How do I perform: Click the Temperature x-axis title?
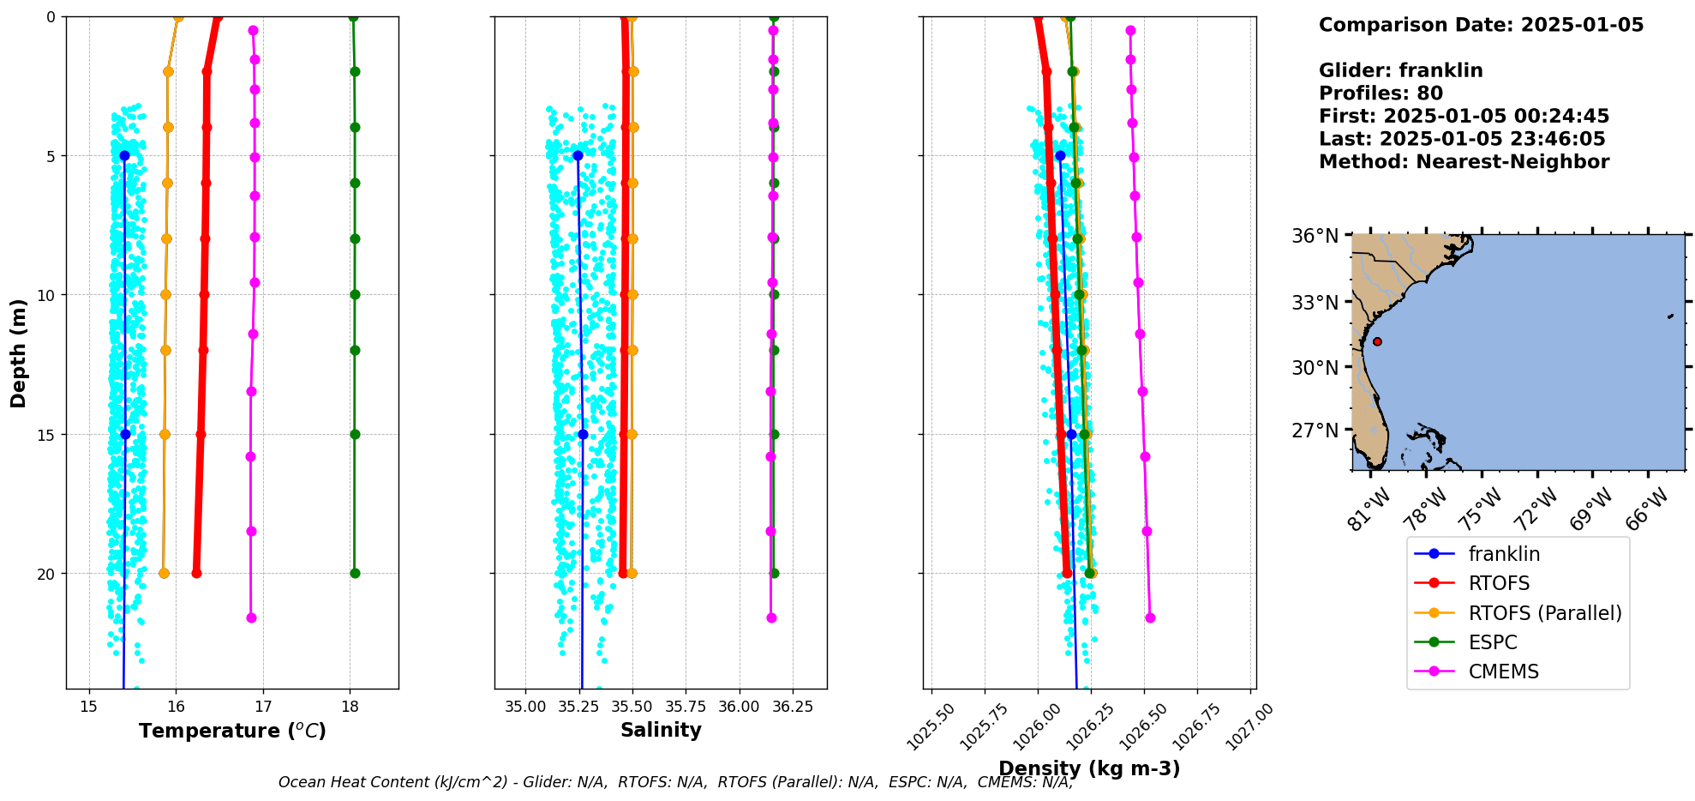point(232,731)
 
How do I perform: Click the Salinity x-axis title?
point(661,730)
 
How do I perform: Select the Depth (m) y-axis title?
point(19,353)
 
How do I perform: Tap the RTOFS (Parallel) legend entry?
point(1544,613)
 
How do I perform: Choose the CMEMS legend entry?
point(1503,672)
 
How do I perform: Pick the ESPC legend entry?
point(1492,642)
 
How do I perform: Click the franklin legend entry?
point(1504,554)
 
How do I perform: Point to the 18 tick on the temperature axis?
point(350,706)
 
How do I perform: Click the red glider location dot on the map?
point(1377,341)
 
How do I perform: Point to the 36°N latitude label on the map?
point(1315,236)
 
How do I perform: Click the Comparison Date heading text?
point(1481,25)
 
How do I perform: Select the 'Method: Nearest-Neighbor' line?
point(1464,162)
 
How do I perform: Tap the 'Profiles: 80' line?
point(1381,93)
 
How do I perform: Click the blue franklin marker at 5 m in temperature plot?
point(124,156)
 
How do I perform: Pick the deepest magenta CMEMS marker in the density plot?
point(1150,617)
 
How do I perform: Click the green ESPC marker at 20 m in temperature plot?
point(355,574)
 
